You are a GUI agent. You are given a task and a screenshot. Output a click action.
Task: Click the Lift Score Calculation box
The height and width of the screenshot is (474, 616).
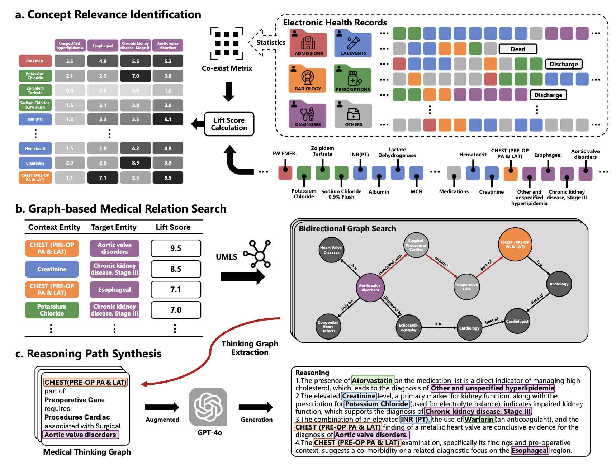pyautogui.click(x=229, y=124)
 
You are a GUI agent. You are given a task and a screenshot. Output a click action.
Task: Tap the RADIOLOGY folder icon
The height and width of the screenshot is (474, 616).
pyautogui.click(x=308, y=79)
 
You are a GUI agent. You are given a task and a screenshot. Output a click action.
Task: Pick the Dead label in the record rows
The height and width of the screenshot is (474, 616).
pyautogui.click(x=518, y=49)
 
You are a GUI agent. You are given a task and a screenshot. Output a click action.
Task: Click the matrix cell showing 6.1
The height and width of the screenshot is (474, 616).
pyautogui.click(x=168, y=119)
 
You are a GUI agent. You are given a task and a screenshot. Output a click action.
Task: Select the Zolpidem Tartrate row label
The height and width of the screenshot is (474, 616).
pyautogui.click(x=35, y=90)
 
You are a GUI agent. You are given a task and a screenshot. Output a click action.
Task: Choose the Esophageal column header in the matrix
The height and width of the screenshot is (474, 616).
pyautogui.click(x=103, y=46)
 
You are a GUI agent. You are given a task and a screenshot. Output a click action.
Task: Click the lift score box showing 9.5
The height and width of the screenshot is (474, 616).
pyautogui.click(x=176, y=248)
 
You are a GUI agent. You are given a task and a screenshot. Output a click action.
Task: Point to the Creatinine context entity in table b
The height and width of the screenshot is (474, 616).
pyautogui.click(x=52, y=269)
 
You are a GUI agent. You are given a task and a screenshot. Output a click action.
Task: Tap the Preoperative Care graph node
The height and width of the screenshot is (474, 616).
pyautogui.click(x=466, y=286)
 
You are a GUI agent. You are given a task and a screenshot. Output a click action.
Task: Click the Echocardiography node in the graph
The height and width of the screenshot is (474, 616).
pyautogui.click(x=408, y=327)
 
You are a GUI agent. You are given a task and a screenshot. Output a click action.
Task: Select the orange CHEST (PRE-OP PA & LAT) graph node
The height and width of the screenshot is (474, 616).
pyautogui.click(x=515, y=245)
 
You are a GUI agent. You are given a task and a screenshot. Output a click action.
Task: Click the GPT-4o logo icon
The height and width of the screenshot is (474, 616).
pyautogui.click(x=208, y=407)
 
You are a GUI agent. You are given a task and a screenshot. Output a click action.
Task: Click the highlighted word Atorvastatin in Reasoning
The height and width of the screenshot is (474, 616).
pyautogui.click(x=372, y=380)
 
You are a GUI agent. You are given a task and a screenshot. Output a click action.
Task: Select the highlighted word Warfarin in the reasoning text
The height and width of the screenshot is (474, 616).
pyautogui.click(x=479, y=419)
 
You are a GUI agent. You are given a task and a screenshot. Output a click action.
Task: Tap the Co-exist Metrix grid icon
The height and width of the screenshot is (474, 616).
pyautogui.click(x=227, y=43)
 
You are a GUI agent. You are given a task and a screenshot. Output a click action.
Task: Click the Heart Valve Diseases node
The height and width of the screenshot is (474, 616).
pyautogui.click(x=331, y=250)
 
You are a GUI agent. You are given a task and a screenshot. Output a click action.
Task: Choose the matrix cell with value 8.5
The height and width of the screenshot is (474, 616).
pyautogui.click(x=136, y=163)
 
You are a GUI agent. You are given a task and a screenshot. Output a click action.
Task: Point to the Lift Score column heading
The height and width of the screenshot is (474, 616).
pyautogui.click(x=173, y=227)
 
